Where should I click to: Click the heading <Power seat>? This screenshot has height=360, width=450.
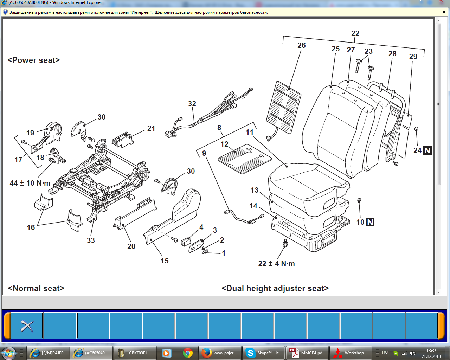click(34, 60)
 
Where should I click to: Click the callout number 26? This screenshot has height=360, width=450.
click(301, 45)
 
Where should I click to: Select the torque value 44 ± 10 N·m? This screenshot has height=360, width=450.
click(30, 183)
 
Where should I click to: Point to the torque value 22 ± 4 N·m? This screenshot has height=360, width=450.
click(276, 264)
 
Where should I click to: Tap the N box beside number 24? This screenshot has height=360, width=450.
click(427, 150)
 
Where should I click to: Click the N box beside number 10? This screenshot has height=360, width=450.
click(370, 222)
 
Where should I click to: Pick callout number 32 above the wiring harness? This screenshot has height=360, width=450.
click(192, 104)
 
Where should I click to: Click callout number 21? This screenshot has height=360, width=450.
click(151, 128)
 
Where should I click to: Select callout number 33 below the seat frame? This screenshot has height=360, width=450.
click(91, 240)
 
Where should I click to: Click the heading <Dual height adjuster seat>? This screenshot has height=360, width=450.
click(275, 288)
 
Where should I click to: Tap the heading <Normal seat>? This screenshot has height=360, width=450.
click(36, 288)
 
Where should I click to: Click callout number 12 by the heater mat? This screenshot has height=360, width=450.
click(224, 144)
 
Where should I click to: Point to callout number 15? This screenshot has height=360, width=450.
click(165, 261)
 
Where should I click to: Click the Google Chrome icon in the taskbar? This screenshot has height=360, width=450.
click(188, 353)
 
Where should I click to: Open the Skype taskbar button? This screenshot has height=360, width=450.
click(264, 353)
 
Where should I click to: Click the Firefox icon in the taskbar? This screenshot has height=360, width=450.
click(207, 353)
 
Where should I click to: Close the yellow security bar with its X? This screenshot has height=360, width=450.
click(444, 12)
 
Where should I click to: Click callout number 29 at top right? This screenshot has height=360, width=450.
click(413, 57)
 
